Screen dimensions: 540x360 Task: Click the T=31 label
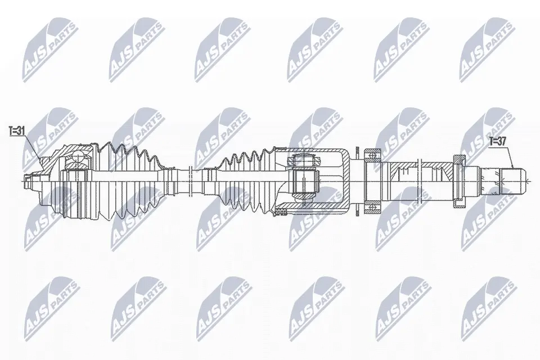[x=17, y=131]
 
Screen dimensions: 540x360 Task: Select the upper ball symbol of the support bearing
[x=372, y=155]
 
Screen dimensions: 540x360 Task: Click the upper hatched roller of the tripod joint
[x=303, y=160]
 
